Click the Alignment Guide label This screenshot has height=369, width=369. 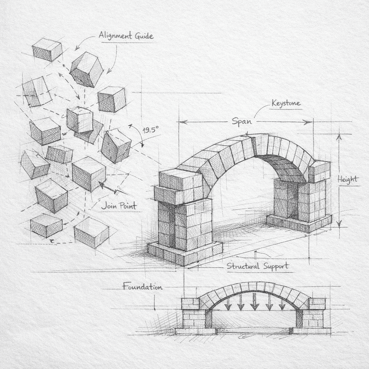pos(126,36)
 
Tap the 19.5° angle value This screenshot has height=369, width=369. pos(151,130)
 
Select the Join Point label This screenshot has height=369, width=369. pos(119,206)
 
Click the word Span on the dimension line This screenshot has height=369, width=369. pos(241,121)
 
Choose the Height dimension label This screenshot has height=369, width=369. pos(348,179)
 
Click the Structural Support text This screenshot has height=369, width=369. pos(257,266)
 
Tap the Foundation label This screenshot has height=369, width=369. pos(142,287)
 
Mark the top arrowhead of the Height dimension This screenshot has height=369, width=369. pos(339,137)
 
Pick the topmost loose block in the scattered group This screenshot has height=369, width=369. pos(47,49)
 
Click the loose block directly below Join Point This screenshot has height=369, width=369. pos(91,232)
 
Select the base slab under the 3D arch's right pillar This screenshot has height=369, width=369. pos(299,223)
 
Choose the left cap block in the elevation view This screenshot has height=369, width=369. pos(190,303)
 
